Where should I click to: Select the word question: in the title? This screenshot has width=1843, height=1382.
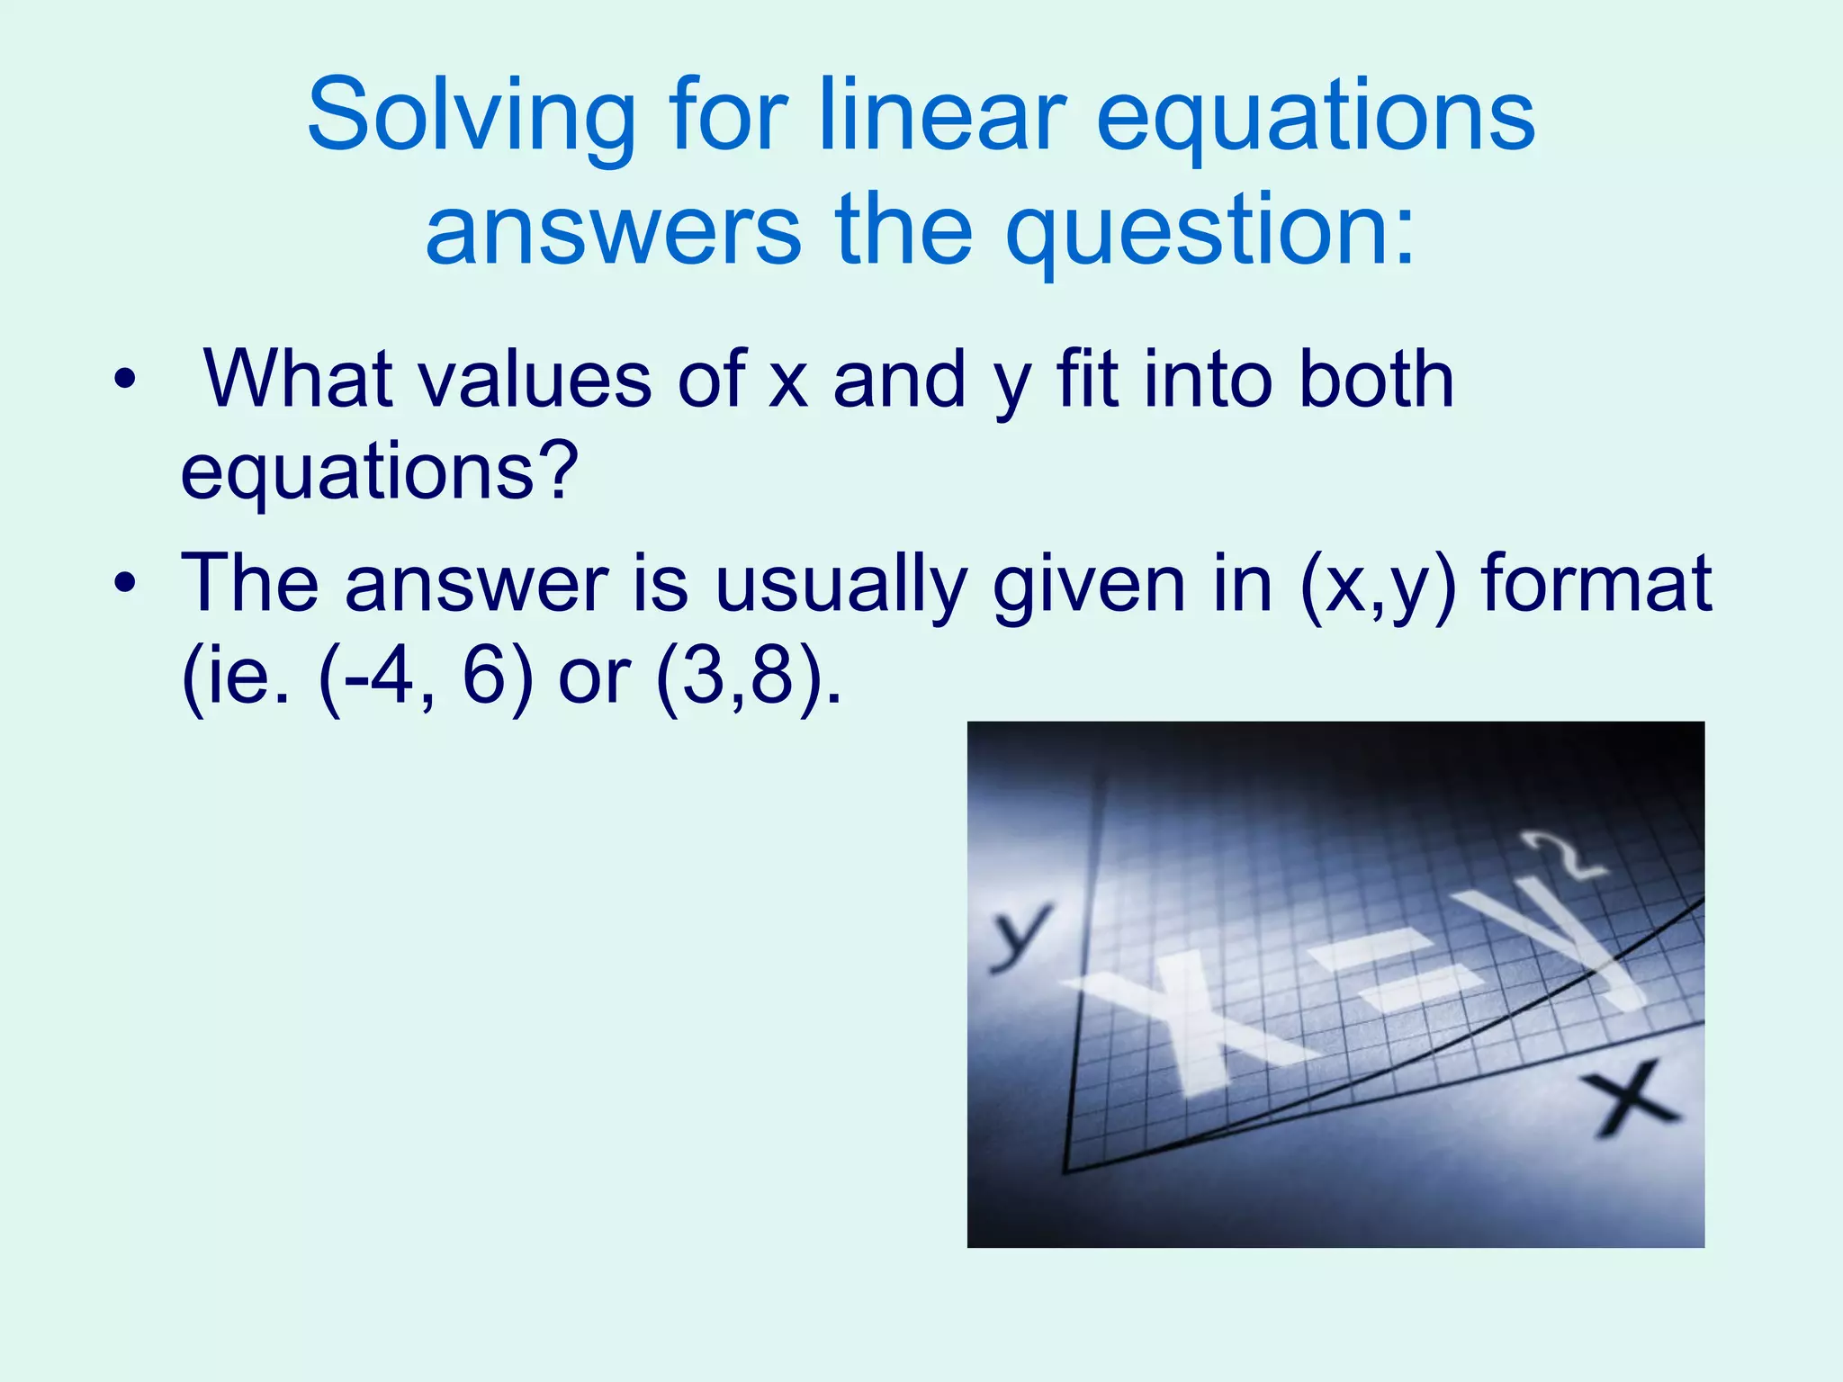coord(1210,231)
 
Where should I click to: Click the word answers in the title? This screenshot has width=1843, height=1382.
coord(612,231)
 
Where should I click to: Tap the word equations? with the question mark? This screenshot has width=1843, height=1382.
coord(379,474)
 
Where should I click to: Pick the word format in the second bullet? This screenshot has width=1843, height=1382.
coord(1597,585)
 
